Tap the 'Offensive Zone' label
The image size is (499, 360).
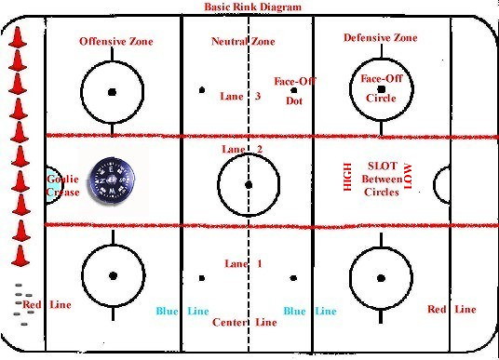coord(116,42)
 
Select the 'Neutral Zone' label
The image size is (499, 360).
coord(243,42)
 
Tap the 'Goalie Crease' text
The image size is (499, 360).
coord(63,185)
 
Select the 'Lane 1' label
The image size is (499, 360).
coord(243,264)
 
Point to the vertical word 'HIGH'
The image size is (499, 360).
coord(348,178)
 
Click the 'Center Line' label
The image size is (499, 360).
coord(244,323)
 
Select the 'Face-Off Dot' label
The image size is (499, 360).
coord(295,91)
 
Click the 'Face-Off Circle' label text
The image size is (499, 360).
coord(380,87)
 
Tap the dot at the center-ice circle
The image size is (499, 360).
coord(248,184)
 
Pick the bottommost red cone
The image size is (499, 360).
coord(20,253)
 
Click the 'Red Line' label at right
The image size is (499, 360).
coord(452,309)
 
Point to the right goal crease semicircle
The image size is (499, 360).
coord(441,180)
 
